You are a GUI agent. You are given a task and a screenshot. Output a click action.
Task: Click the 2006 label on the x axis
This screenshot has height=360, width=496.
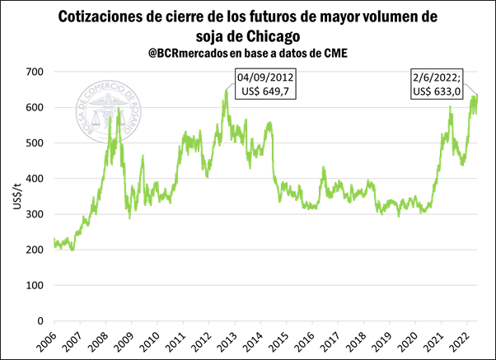[49, 340]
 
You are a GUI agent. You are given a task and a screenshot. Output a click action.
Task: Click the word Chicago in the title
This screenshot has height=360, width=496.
[265, 37]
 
